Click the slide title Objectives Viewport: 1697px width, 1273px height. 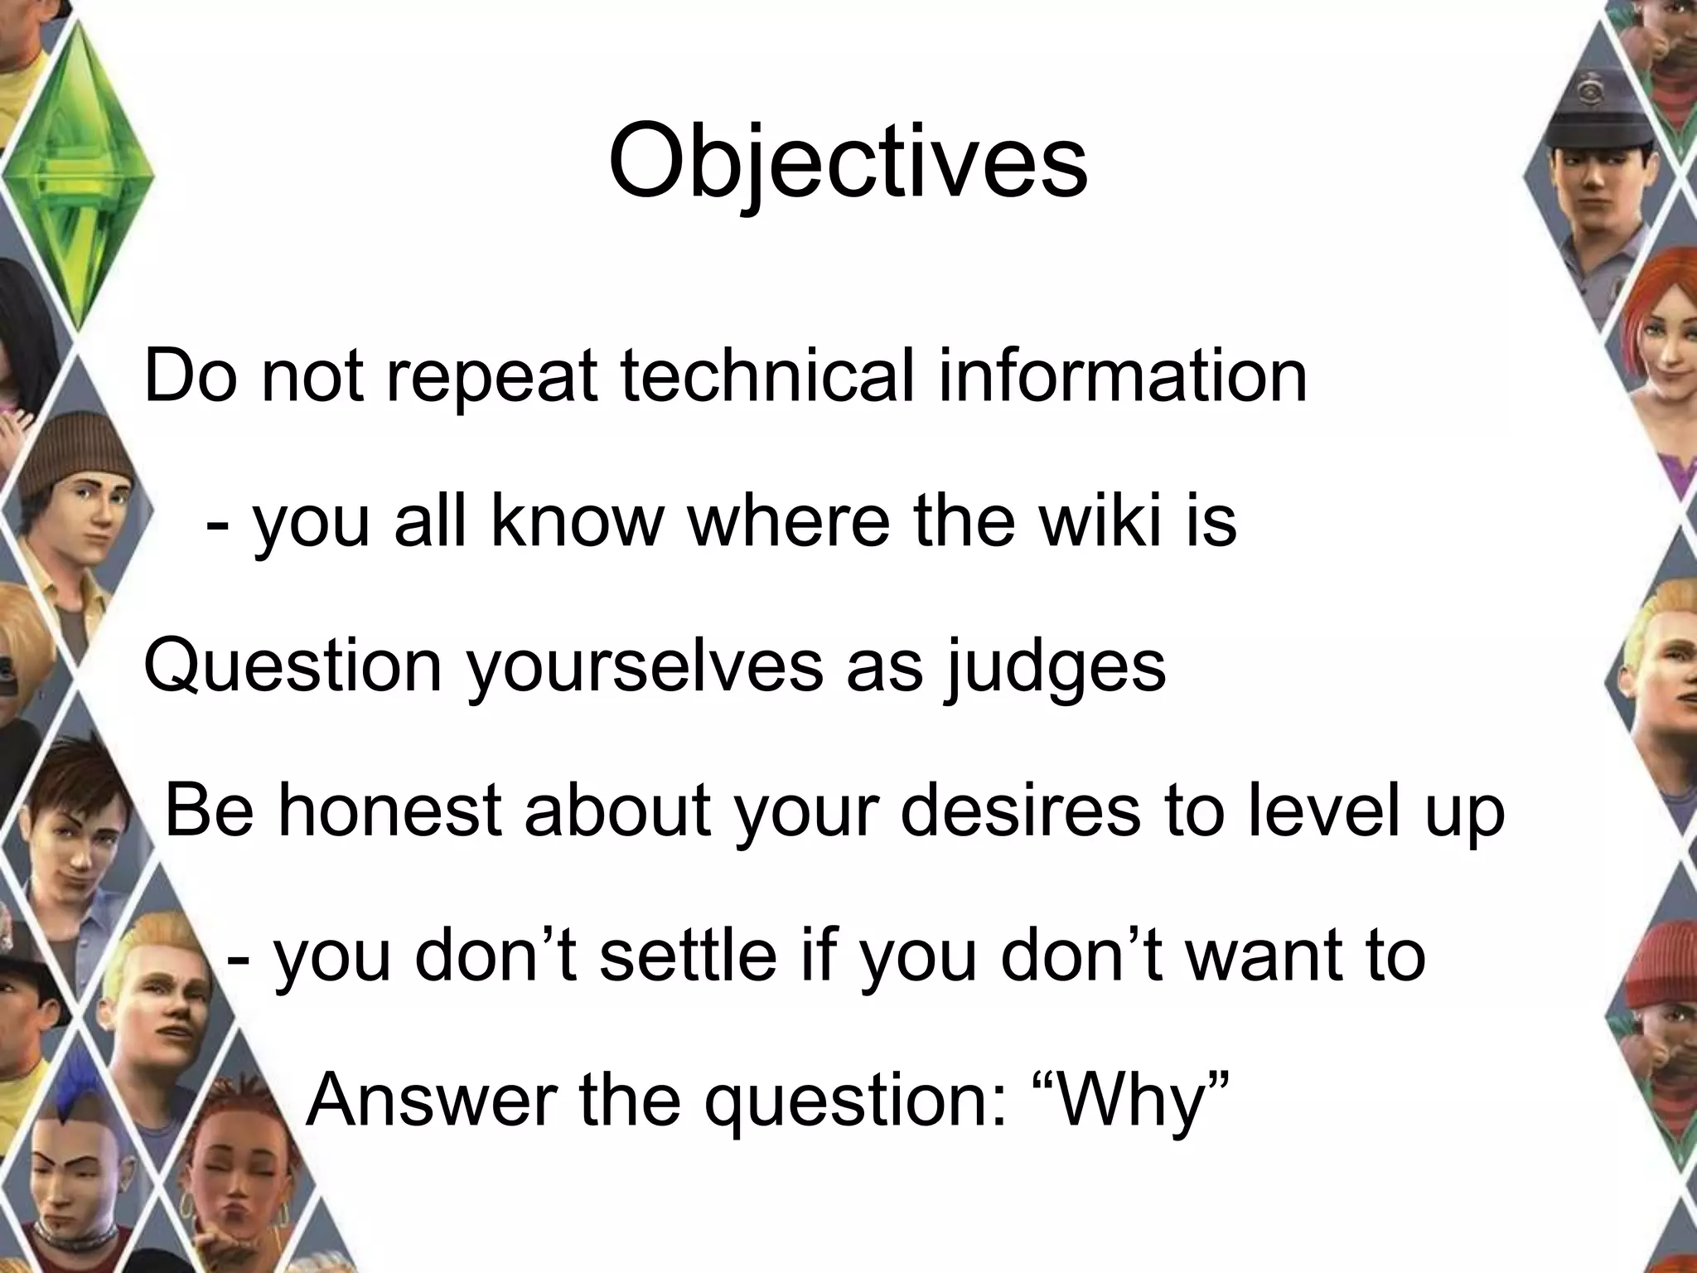[x=848, y=163]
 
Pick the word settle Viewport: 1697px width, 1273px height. [x=688, y=955]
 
